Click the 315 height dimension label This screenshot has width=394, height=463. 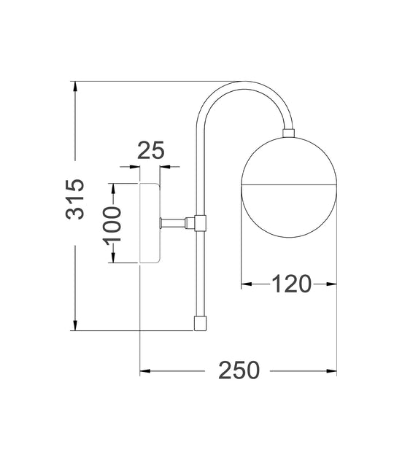tap(75, 199)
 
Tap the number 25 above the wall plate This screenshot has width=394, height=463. tap(150, 150)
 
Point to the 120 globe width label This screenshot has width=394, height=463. tap(291, 284)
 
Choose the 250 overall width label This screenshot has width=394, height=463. tap(239, 370)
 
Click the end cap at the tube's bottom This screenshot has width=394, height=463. tap(200, 323)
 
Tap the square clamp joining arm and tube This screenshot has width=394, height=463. tap(200, 223)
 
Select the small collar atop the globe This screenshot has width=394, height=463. tap(288, 133)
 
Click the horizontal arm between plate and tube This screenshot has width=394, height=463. tap(177, 222)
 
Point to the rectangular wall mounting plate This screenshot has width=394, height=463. tap(150, 223)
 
